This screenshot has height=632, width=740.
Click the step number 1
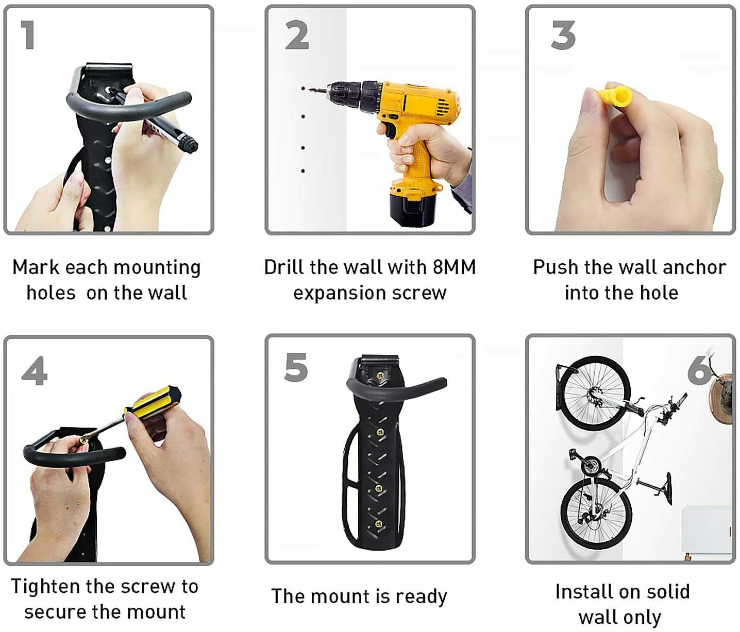28,35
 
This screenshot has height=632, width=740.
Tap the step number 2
297,35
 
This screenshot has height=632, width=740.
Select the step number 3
563,35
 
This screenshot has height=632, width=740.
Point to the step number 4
35,370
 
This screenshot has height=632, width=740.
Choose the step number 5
296,367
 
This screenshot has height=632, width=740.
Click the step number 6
699,370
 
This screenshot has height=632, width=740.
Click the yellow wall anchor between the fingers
613,96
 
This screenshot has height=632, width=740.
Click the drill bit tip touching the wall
310,90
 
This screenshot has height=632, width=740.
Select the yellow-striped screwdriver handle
152,403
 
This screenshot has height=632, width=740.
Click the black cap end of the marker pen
189,144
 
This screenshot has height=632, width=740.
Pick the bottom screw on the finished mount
378,524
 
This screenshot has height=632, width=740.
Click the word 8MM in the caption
454,267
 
